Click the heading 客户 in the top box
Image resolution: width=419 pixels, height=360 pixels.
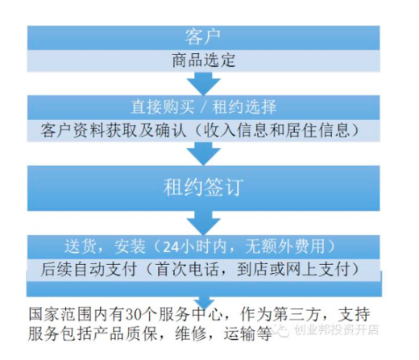pyautogui.click(x=203, y=37)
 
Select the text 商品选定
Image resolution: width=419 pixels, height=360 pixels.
pyautogui.click(x=204, y=60)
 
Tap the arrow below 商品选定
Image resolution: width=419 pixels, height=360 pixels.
pyautogui.click(x=204, y=83)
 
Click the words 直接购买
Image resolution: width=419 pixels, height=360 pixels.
pyautogui.click(x=163, y=106)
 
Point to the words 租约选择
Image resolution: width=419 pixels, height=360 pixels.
pyautogui.click(x=244, y=106)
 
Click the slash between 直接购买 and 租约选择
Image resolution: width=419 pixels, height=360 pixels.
pyautogui.click(x=203, y=107)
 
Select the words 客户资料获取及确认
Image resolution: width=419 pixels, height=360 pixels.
pyautogui.click(x=114, y=130)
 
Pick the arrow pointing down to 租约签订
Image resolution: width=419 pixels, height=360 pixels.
pyautogui.click(x=204, y=153)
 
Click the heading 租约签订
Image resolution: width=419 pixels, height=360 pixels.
pyautogui.click(x=203, y=187)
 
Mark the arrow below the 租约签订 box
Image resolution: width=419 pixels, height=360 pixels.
pyautogui.click(x=204, y=223)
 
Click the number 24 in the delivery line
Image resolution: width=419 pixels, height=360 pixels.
pyautogui.click(x=171, y=246)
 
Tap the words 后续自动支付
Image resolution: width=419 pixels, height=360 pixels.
pyautogui.click(x=89, y=269)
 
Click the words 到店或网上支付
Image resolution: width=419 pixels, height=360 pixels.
pyautogui.click(x=293, y=269)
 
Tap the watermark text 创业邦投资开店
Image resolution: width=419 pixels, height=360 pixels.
pyautogui.click(x=337, y=330)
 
